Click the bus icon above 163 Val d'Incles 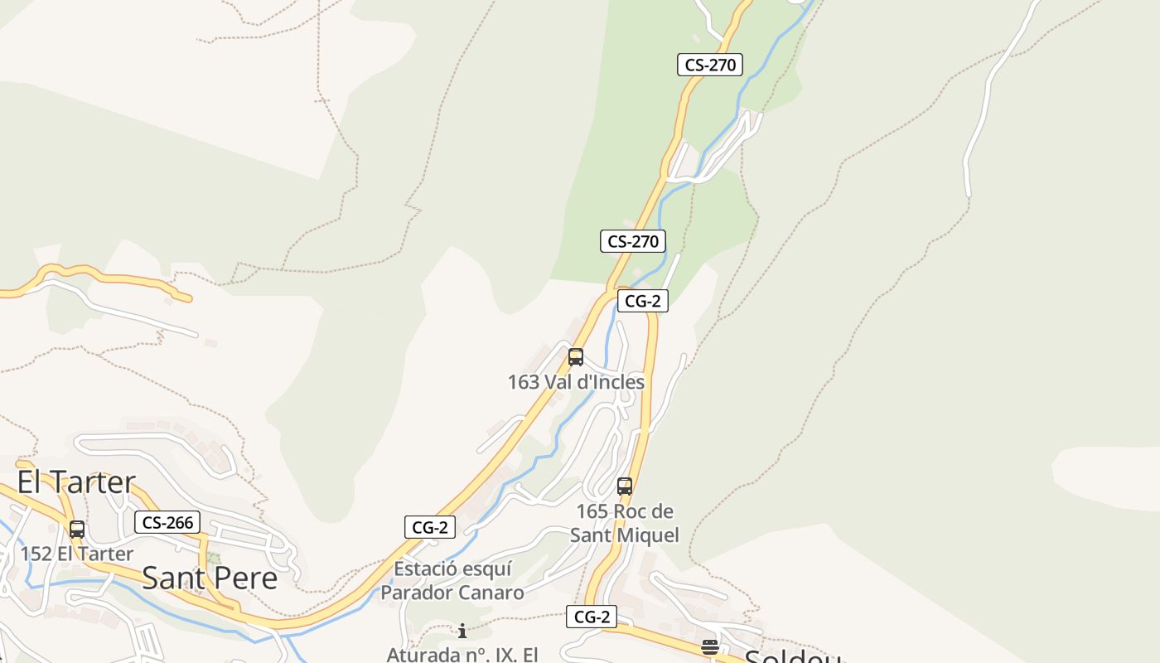coord(576,357)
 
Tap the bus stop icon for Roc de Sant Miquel coord(625,486)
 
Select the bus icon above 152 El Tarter coord(77,529)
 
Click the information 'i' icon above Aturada coord(462,631)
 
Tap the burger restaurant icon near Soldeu coord(710,647)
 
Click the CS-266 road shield coord(167,522)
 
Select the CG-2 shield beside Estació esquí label coord(430,526)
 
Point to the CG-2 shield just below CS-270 coord(642,301)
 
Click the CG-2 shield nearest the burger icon coord(592,617)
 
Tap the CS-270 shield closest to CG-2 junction coord(633,241)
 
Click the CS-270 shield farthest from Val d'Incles coord(710,65)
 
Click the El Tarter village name coord(76,482)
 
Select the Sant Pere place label coord(210,578)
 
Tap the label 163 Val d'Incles coord(576,382)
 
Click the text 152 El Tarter coord(77,554)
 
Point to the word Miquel coord(646,535)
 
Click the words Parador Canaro coord(452,593)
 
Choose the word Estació coord(425,569)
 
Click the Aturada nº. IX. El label coord(462,654)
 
